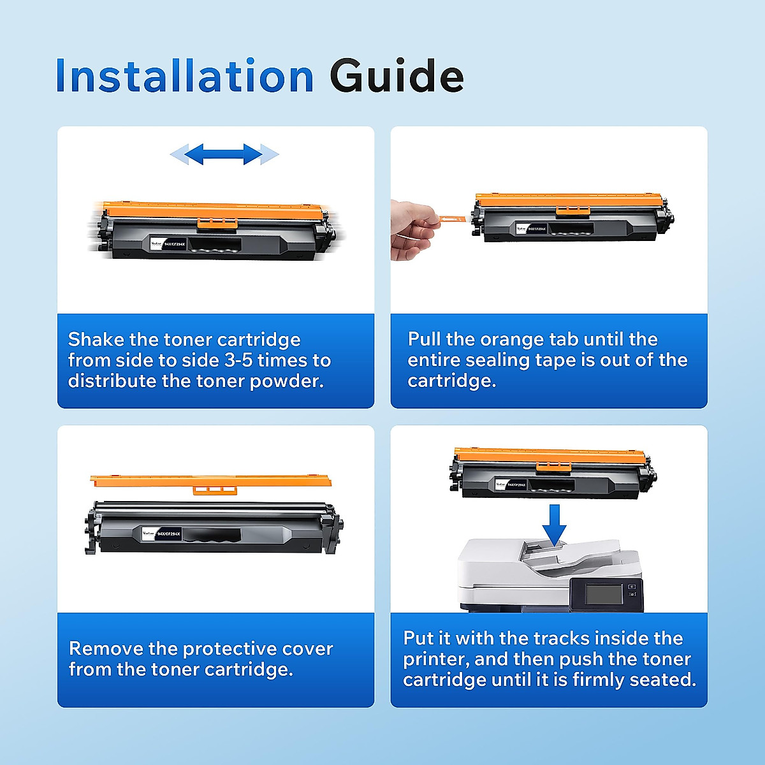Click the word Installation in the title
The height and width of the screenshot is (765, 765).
coord(185,76)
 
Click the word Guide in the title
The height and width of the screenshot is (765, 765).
coord(397,76)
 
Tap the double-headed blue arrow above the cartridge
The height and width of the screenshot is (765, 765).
coord(224,154)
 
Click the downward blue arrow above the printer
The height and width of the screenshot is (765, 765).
coord(555,525)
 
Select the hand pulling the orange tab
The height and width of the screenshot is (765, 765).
coord(413,229)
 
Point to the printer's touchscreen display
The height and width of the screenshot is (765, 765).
coord(604,594)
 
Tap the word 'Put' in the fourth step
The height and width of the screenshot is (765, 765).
coord(418,638)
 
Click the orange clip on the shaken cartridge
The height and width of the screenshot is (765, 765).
coord(217,222)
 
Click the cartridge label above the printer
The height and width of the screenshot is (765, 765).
coord(511,485)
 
